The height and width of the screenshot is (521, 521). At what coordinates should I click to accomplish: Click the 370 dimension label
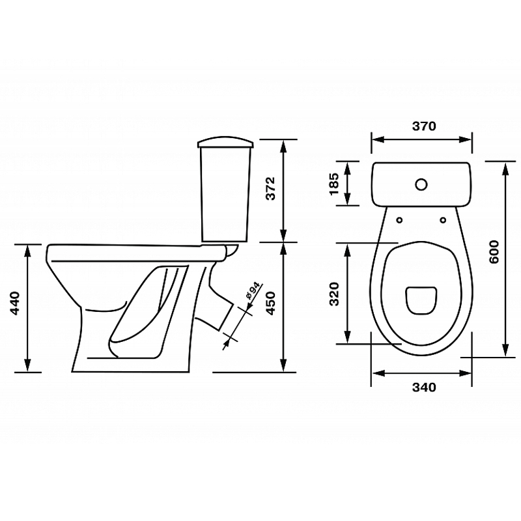click(x=424, y=126)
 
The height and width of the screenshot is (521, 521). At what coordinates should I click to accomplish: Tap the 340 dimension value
click(x=424, y=387)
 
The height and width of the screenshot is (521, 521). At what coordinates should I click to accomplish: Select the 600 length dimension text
click(x=494, y=252)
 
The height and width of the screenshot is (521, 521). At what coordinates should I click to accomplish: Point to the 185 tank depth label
click(x=334, y=184)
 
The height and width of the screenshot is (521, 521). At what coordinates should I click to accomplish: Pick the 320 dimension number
click(x=334, y=294)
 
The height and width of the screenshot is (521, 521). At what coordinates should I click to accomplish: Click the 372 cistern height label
click(x=271, y=188)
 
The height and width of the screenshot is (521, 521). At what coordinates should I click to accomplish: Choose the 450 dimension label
click(x=271, y=303)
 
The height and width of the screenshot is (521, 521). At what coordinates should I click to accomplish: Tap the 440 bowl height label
click(x=15, y=303)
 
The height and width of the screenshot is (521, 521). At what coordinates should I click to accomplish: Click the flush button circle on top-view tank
click(x=421, y=184)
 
